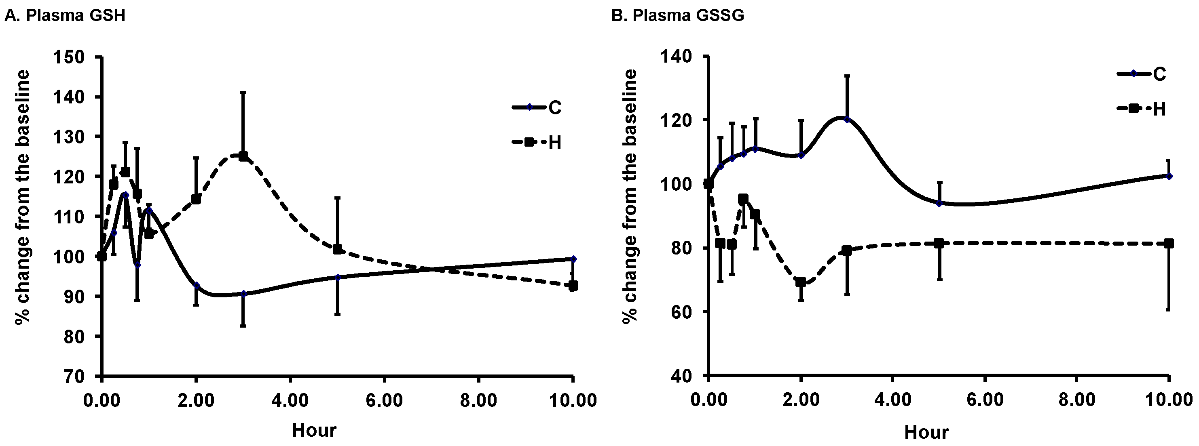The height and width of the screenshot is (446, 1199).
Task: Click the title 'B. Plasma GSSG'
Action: point(677,15)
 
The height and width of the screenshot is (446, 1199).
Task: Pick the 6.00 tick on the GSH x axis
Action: point(384,400)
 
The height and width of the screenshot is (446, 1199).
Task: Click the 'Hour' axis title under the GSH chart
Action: point(314,430)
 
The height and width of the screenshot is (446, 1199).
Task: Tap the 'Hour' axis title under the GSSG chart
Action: point(926,433)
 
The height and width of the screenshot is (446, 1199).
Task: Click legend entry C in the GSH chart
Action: point(554,108)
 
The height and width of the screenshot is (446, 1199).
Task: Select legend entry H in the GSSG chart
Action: point(1159,109)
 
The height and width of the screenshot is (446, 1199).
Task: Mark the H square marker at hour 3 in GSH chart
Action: point(243,156)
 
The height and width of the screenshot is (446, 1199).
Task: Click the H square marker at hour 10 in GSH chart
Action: point(573,286)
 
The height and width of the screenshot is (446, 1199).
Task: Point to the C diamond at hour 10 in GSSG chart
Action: point(1169,176)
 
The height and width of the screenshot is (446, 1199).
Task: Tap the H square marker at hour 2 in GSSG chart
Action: point(801,282)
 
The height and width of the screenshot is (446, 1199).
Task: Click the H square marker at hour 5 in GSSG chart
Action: point(939,243)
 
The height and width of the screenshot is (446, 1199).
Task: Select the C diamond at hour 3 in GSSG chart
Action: point(847,120)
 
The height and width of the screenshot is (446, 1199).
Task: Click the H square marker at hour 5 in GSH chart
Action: point(337,249)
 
